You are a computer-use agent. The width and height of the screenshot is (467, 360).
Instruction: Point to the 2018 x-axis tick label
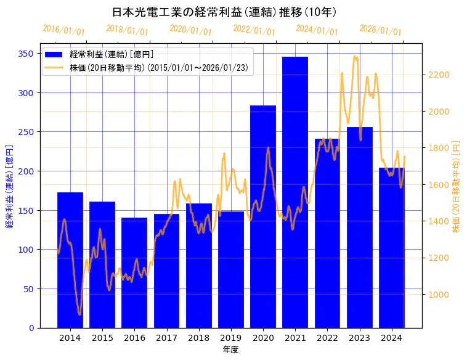click(199, 338)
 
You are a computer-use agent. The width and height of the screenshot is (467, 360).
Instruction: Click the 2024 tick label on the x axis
click(392, 338)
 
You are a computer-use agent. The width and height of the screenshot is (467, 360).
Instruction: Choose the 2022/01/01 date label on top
click(254, 30)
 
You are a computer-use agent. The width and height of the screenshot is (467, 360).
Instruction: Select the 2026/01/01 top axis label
click(380, 30)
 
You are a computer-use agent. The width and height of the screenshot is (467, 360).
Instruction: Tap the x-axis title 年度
click(230, 350)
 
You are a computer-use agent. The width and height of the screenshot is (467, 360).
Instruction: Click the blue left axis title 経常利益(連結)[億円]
click(9, 186)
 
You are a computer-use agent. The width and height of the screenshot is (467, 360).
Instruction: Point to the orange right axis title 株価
click(457, 186)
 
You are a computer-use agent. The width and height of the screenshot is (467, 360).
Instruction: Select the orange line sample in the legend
click(54, 68)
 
